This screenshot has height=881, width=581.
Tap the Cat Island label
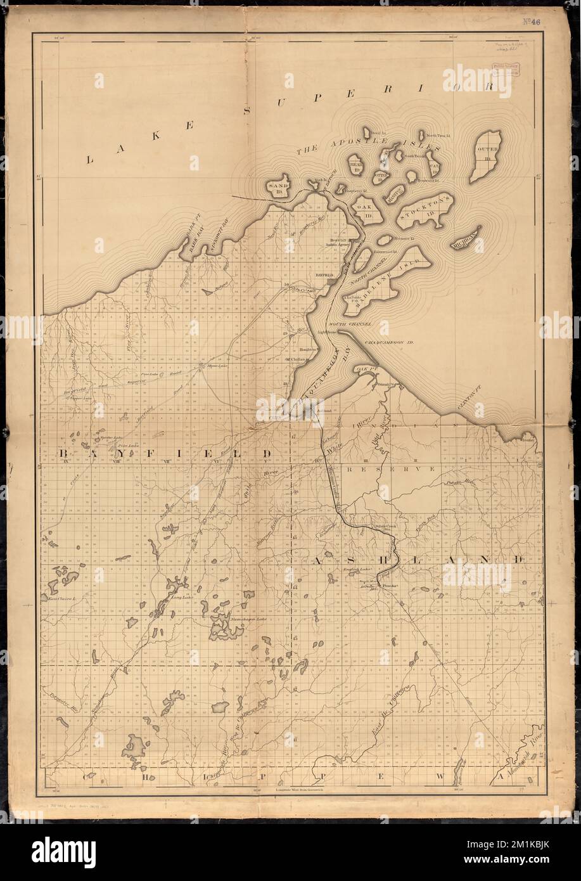434,167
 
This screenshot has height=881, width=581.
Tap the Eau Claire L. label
61,598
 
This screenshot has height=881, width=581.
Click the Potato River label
461,483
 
